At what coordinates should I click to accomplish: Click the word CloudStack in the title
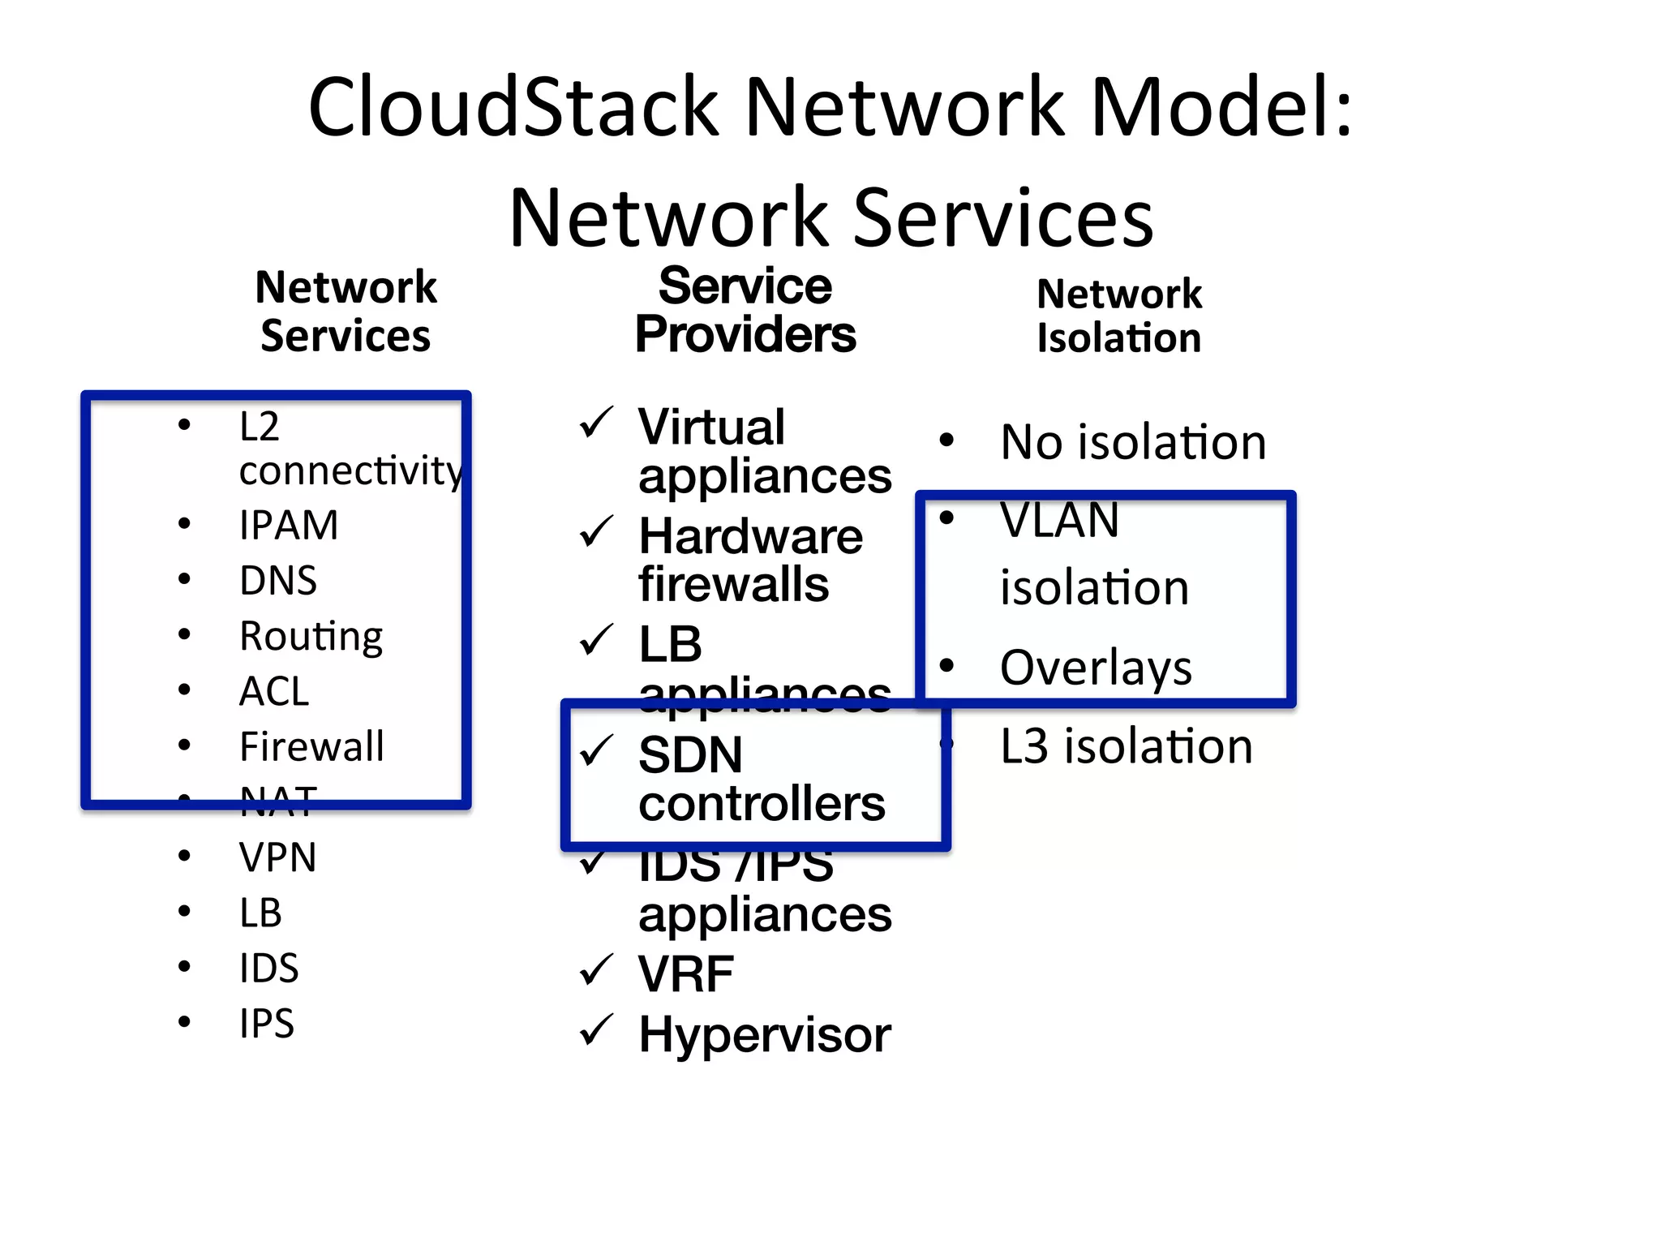tap(513, 107)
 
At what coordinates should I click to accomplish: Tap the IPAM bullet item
tap(289, 525)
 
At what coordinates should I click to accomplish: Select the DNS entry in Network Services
tap(278, 581)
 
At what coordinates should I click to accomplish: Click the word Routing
tap(311, 636)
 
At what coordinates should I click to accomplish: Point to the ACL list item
tap(274, 691)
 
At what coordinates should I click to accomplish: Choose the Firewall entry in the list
tap(311, 746)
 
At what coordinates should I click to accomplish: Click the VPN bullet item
tap(277, 857)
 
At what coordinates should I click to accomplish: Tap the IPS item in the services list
tap(267, 1024)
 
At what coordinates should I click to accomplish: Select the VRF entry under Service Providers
tap(686, 973)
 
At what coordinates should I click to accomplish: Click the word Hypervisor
tap(765, 1035)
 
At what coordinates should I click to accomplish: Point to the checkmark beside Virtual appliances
tap(596, 423)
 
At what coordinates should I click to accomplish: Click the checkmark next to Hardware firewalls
tap(596, 533)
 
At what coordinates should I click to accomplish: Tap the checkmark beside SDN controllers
tap(596, 751)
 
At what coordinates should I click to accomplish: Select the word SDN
tap(690, 754)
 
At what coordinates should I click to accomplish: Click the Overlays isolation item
tap(1096, 668)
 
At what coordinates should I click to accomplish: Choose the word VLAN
tap(1059, 520)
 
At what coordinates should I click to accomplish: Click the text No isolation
tap(1133, 443)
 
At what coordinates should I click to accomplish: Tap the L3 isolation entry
tap(1127, 746)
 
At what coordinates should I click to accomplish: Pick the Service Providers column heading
tap(745, 310)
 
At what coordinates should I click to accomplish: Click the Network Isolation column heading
tap(1119, 316)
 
